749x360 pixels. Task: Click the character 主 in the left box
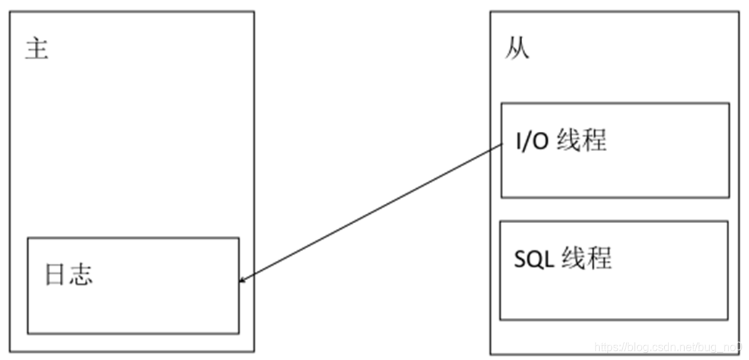point(36,50)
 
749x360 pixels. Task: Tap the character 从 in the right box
point(517,50)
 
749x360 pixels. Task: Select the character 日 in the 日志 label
point(56,275)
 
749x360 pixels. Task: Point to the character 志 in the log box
point(81,275)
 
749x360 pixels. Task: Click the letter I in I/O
point(519,141)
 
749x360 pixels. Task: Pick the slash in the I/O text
point(528,141)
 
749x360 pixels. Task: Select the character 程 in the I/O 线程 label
point(594,140)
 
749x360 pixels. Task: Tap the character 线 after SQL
point(574,258)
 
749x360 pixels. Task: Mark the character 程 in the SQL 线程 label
point(599,258)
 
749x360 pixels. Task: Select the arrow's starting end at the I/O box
point(501,145)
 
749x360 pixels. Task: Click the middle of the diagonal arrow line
point(372,212)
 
